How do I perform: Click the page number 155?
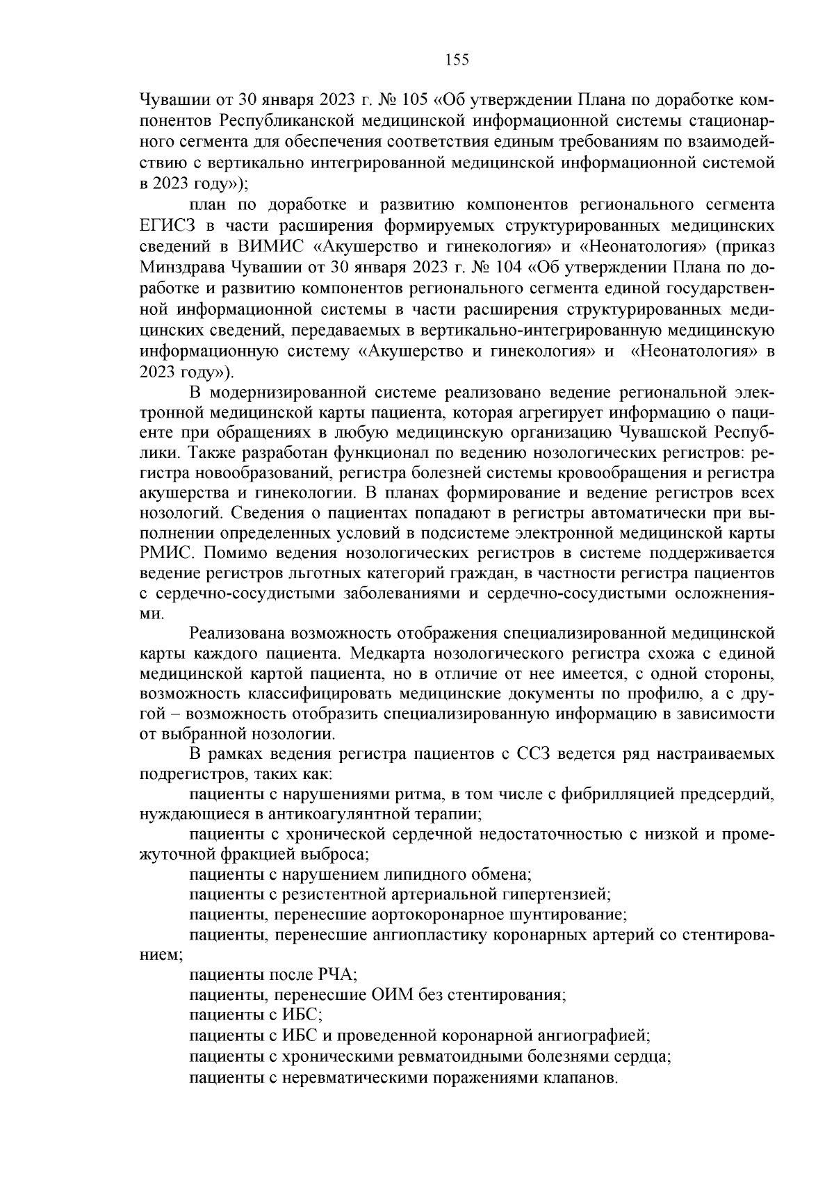point(457,60)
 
